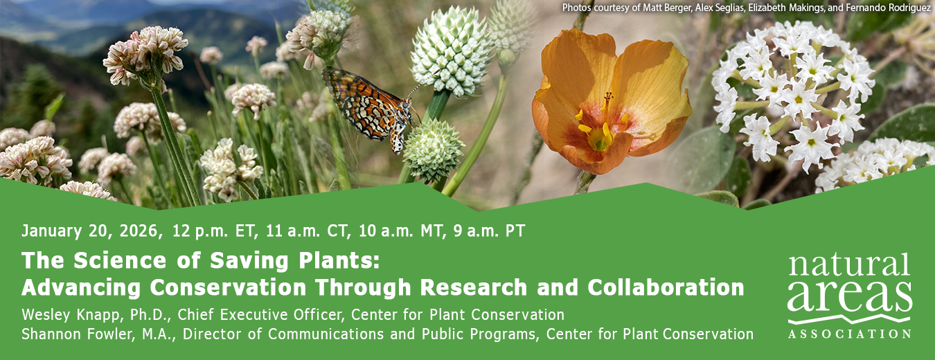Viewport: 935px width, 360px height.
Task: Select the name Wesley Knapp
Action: pos(69,314)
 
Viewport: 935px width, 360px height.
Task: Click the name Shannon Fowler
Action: pos(74,334)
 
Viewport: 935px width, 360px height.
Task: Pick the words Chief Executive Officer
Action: pos(260,314)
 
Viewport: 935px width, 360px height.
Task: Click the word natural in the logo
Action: pos(848,266)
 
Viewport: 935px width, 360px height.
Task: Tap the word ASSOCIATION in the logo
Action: pos(850,334)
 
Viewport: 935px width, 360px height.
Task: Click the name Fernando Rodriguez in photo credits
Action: pos(880,8)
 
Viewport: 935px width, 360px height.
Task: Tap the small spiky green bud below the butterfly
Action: pos(433,150)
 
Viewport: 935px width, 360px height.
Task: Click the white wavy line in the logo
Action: pos(850,319)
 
